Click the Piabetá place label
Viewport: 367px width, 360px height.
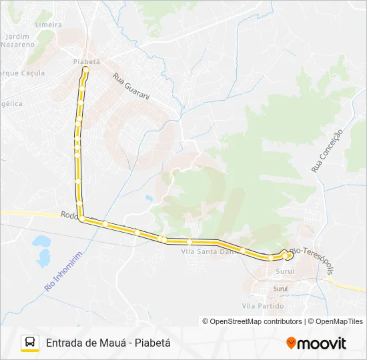click(86, 61)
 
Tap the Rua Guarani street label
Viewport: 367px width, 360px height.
click(131, 87)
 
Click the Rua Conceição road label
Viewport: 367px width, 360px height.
click(326, 151)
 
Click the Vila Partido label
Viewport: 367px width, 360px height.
click(262, 306)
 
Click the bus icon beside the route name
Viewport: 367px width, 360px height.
click(30, 343)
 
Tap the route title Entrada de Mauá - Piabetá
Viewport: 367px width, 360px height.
click(109, 343)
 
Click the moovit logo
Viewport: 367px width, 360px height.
click(316, 343)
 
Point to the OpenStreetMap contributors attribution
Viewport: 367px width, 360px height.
click(253, 321)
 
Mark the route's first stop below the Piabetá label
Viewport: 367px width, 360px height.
click(86, 69)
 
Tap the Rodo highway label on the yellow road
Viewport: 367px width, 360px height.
click(69, 215)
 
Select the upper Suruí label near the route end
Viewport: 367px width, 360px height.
click(285, 271)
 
